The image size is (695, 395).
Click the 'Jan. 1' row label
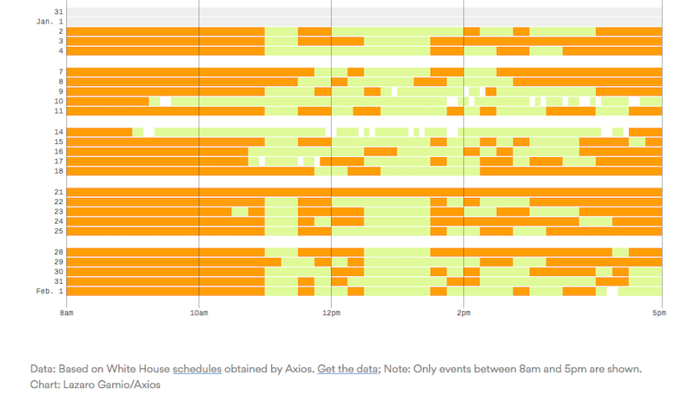(50, 21)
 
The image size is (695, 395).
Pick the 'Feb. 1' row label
(50, 292)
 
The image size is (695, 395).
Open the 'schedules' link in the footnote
(197, 369)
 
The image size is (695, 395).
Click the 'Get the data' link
(347, 369)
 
